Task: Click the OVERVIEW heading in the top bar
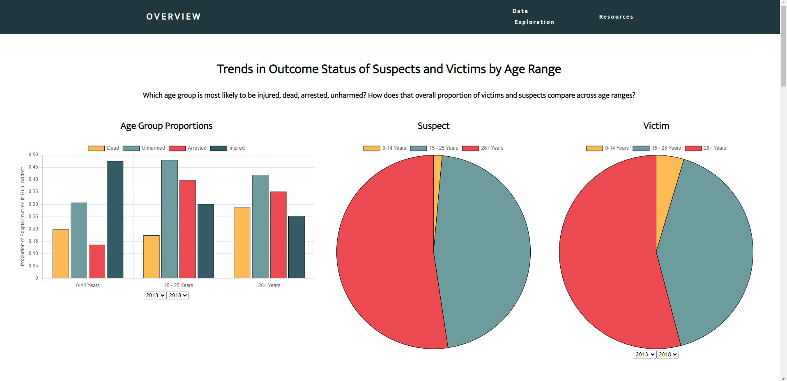(173, 17)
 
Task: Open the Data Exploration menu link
(534, 17)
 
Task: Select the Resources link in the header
(616, 17)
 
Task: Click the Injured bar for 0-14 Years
(115, 220)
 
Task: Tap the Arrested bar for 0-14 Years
(97, 261)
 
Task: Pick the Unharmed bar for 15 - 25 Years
(170, 219)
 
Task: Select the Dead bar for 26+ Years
(242, 243)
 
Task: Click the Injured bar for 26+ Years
(297, 247)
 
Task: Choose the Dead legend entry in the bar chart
(104, 148)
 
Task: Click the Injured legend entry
(228, 148)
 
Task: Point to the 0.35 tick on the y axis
(33, 192)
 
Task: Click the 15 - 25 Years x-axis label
(179, 285)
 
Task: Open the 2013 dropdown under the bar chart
(155, 295)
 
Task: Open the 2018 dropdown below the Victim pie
(667, 354)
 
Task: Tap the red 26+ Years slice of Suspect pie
(386, 254)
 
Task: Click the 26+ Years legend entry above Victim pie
(705, 148)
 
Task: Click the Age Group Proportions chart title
(166, 126)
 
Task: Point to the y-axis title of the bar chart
(23, 217)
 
